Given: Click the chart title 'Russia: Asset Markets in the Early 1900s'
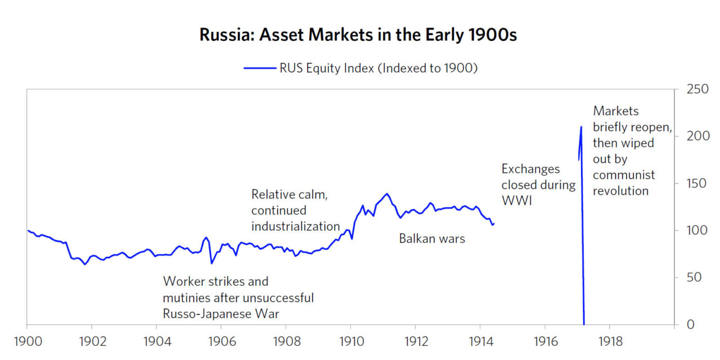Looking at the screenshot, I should tap(358, 35).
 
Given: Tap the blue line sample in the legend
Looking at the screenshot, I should tap(259, 68).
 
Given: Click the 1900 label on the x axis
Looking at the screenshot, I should tap(27, 341).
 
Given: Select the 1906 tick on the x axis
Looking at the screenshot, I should tap(221, 341).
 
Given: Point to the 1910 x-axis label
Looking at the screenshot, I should tap(350, 341).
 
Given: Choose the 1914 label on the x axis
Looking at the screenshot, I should tap(480, 341).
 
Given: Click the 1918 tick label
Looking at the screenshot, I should tap(609, 341).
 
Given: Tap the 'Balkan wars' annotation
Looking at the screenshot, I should tap(432, 238).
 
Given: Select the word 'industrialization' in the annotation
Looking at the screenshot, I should tap(295, 226).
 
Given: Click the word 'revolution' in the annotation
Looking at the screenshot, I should tap(620, 191).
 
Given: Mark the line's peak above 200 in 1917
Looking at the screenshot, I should tap(581, 127).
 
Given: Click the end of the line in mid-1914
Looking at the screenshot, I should tap(493, 224).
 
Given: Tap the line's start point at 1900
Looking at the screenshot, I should tap(28, 230).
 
